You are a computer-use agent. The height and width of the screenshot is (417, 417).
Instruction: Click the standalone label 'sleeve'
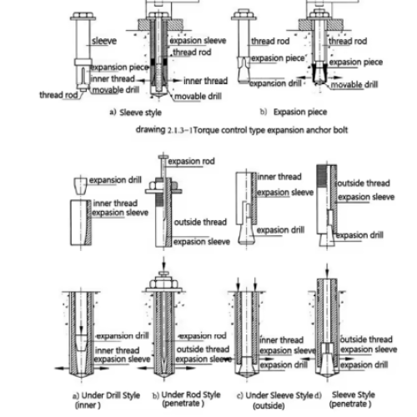(104, 41)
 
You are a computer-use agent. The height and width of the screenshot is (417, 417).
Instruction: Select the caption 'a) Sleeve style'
(135, 113)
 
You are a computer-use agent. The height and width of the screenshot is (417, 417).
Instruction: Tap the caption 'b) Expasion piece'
(294, 112)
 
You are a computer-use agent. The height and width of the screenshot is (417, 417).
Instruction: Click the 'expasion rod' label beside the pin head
(191, 161)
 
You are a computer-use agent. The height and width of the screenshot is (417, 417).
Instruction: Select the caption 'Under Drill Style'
(111, 395)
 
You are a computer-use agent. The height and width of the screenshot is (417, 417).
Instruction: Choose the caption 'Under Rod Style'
(191, 394)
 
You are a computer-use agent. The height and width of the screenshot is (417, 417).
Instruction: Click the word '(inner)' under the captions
(88, 405)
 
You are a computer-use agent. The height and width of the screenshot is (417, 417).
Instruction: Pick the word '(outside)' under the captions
(269, 405)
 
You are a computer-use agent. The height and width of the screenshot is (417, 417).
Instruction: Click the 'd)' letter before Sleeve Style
(318, 395)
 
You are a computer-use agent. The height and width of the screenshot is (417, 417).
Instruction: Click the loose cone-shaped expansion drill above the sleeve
(81, 186)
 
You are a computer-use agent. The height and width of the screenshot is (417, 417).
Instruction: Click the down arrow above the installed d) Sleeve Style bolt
(327, 270)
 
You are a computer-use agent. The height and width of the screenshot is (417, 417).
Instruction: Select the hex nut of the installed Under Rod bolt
(163, 284)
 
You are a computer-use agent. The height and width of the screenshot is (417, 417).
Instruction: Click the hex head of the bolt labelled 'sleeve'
(83, 15)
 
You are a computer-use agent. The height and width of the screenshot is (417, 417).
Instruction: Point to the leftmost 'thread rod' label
(58, 95)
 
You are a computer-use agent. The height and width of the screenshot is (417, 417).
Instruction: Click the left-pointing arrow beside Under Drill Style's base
(63, 369)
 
